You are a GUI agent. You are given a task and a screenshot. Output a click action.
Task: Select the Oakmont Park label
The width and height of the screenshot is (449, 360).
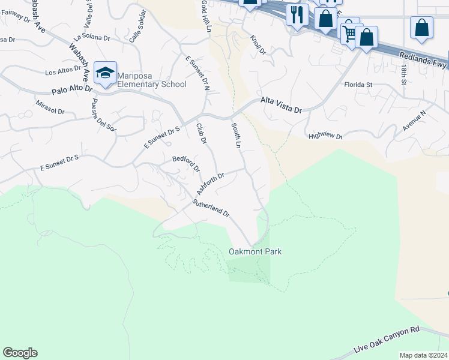[255, 251]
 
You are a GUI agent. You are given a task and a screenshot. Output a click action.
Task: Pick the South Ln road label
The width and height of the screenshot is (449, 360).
[237, 136]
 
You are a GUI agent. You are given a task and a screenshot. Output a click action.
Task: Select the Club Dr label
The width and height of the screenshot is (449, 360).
[201, 134]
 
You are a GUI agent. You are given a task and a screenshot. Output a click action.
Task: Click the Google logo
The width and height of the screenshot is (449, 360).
[20, 353]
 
